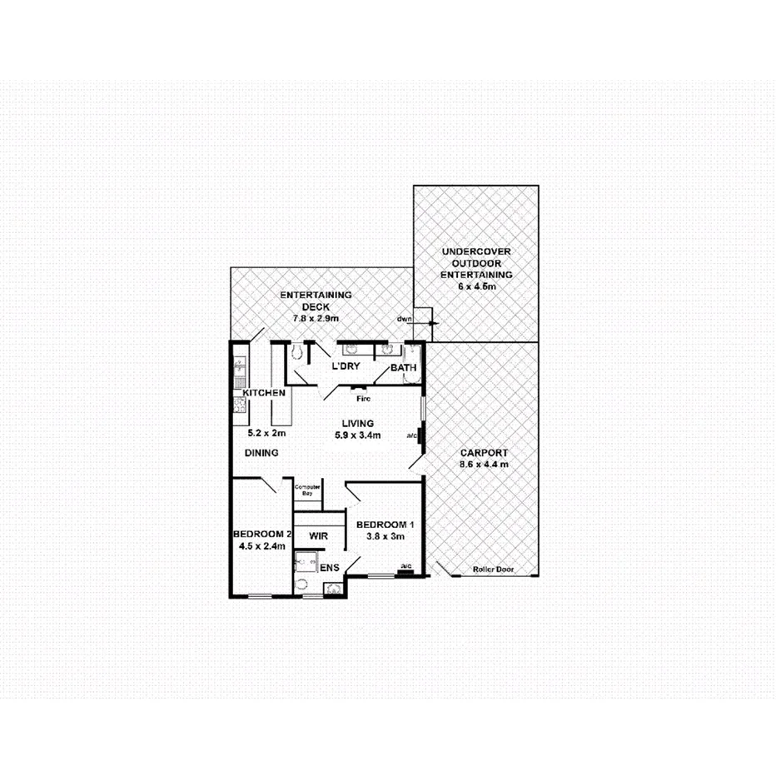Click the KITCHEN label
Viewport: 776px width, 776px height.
coord(265,392)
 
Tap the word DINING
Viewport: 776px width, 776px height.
coord(261,452)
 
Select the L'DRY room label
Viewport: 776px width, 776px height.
coord(346,367)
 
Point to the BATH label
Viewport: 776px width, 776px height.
coord(404,367)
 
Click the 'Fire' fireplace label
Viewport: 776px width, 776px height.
coord(363,398)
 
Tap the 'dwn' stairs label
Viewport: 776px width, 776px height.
coord(405,319)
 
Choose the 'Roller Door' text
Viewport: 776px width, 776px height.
coord(493,570)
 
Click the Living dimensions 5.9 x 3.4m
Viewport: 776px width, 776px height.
coord(358,435)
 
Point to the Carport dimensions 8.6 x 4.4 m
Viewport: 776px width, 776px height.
coord(485,464)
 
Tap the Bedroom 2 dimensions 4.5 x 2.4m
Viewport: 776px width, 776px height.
coord(261,546)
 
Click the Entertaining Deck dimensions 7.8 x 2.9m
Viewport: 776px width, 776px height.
coord(316,318)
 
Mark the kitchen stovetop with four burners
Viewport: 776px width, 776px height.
coord(239,405)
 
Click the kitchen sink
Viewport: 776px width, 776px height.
coord(239,366)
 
